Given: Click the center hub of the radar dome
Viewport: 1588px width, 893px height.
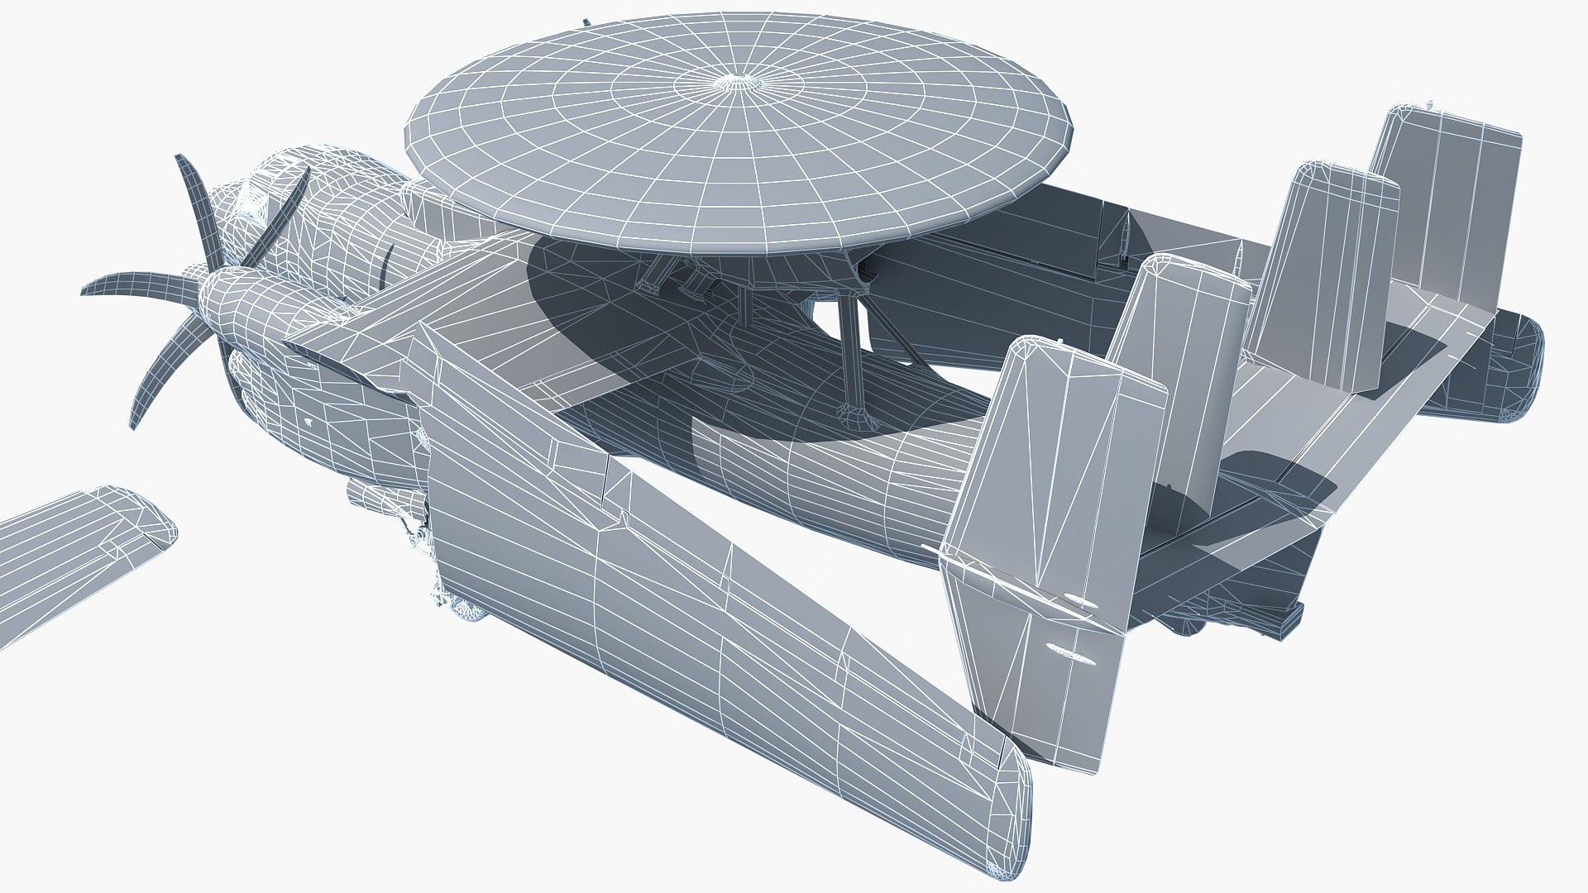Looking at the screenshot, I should click(x=732, y=82).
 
